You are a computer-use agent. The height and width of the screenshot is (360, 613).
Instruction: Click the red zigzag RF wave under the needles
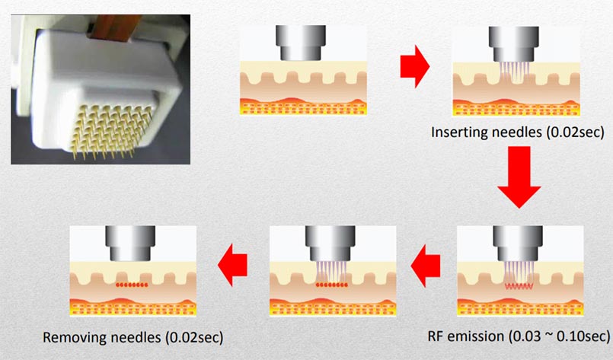(521, 287)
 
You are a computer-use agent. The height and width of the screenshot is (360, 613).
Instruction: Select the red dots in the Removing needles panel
(132, 285)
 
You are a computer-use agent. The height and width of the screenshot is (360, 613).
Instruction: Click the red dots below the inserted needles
(333, 285)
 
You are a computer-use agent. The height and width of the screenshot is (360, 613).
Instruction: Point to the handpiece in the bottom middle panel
(333, 244)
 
